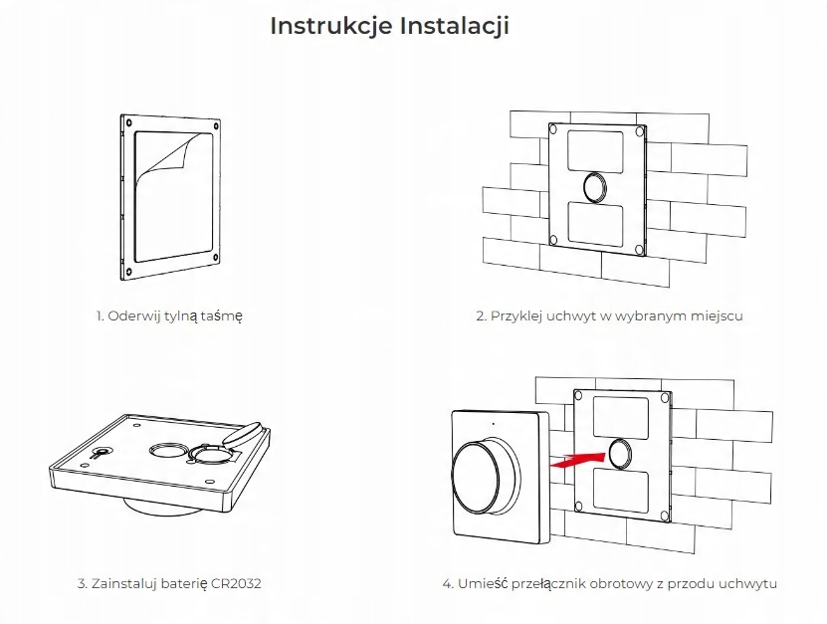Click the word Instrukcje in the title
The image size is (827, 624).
(x=331, y=26)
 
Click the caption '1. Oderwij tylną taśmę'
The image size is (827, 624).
(x=169, y=316)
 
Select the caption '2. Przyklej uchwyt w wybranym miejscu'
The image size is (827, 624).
(x=609, y=316)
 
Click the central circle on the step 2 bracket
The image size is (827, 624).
(x=595, y=185)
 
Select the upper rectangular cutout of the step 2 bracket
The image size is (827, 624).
(x=594, y=149)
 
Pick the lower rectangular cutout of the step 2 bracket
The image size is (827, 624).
(x=595, y=221)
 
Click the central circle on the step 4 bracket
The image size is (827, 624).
(x=622, y=453)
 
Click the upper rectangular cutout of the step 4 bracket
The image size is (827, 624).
(x=621, y=414)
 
